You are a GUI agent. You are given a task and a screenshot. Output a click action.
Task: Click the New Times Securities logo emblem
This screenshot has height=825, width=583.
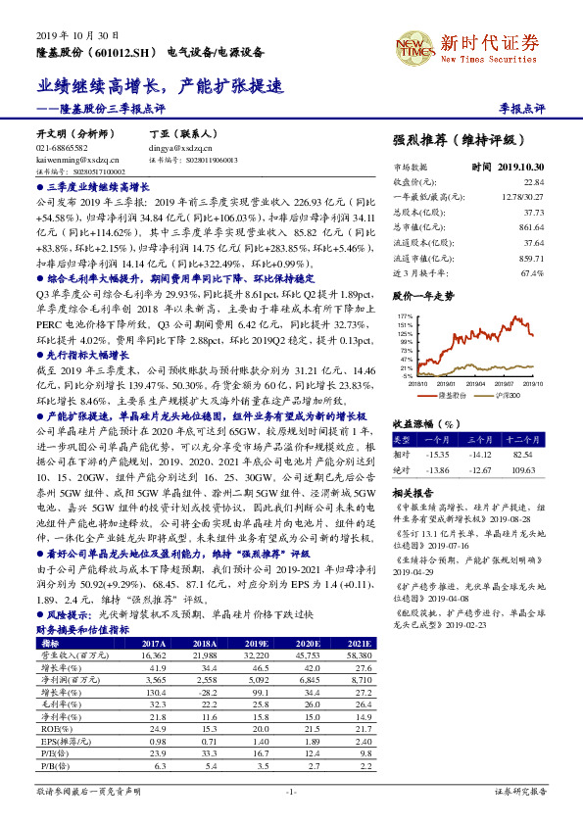(x=414, y=44)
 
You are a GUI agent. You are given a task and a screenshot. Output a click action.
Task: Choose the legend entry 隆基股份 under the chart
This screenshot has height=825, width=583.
(x=450, y=394)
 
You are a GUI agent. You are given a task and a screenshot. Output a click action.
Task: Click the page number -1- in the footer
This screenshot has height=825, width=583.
(x=290, y=791)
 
